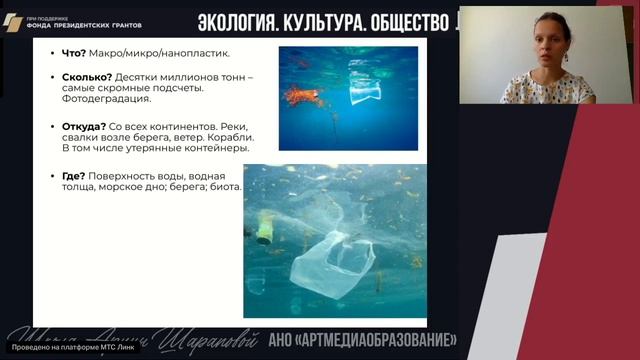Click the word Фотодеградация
click(x=99, y=100)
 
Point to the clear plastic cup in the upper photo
click(x=364, y=91)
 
